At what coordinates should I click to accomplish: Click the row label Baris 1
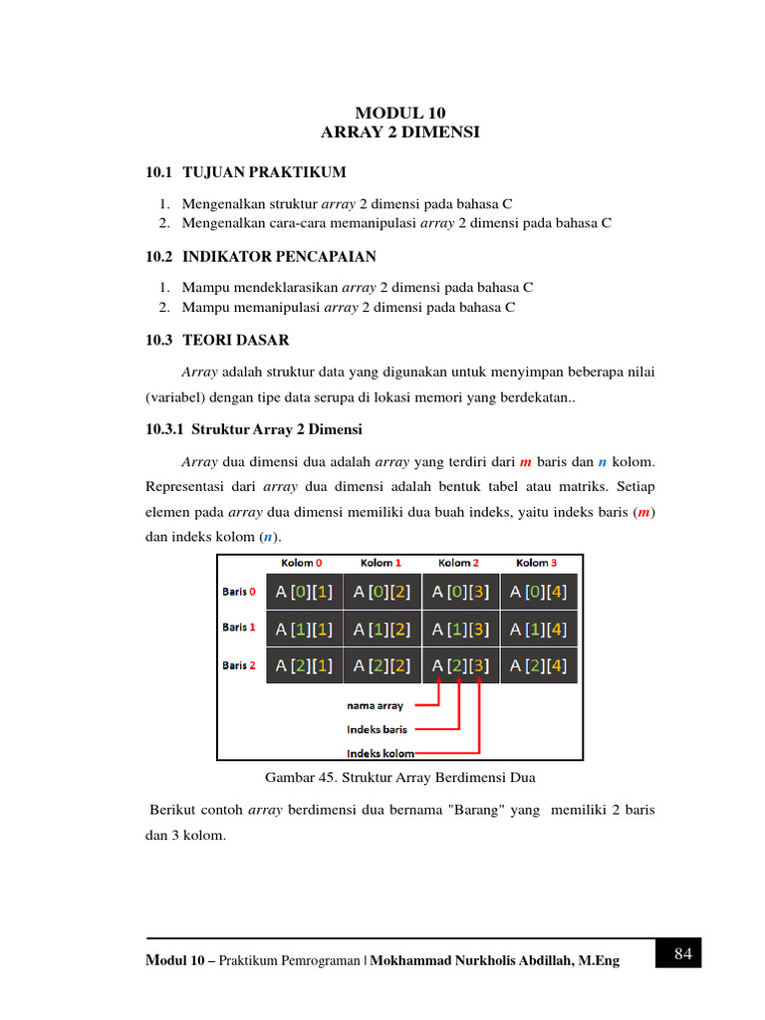tap(239, 628)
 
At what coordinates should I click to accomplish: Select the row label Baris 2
tap(239, 665)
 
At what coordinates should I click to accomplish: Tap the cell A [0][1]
tap(304, 592)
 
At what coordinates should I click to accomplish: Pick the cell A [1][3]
tap(460, 629)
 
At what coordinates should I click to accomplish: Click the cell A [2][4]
tap(538, 665)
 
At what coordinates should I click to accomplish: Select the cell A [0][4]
tap(538, 592)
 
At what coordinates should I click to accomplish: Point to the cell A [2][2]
tap(382, 665)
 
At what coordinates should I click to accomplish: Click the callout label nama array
tap(376, 705)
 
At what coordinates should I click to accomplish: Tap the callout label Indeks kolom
tap(381, 753)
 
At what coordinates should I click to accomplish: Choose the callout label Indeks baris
tap(377, 729)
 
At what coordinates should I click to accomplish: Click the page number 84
tap(682, 953)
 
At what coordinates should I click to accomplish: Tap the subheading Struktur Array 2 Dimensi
tap(276, 429)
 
